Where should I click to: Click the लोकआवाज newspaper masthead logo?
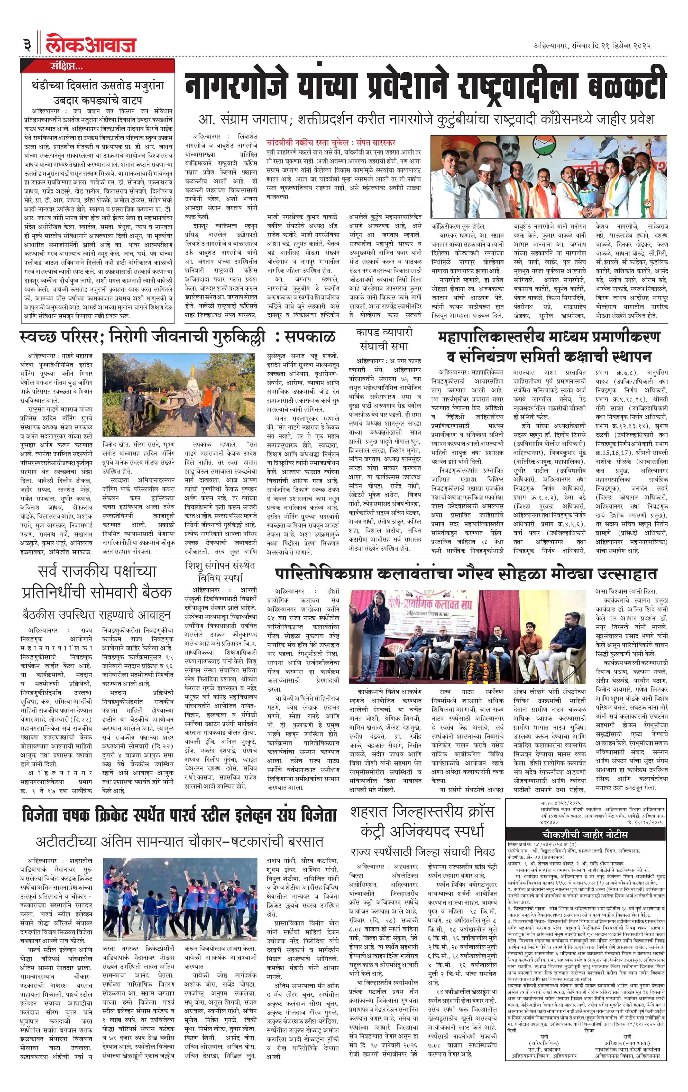click(91, 44)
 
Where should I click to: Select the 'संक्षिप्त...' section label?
click(66, 67)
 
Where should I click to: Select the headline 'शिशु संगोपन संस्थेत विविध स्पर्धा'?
click(220, 571)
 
